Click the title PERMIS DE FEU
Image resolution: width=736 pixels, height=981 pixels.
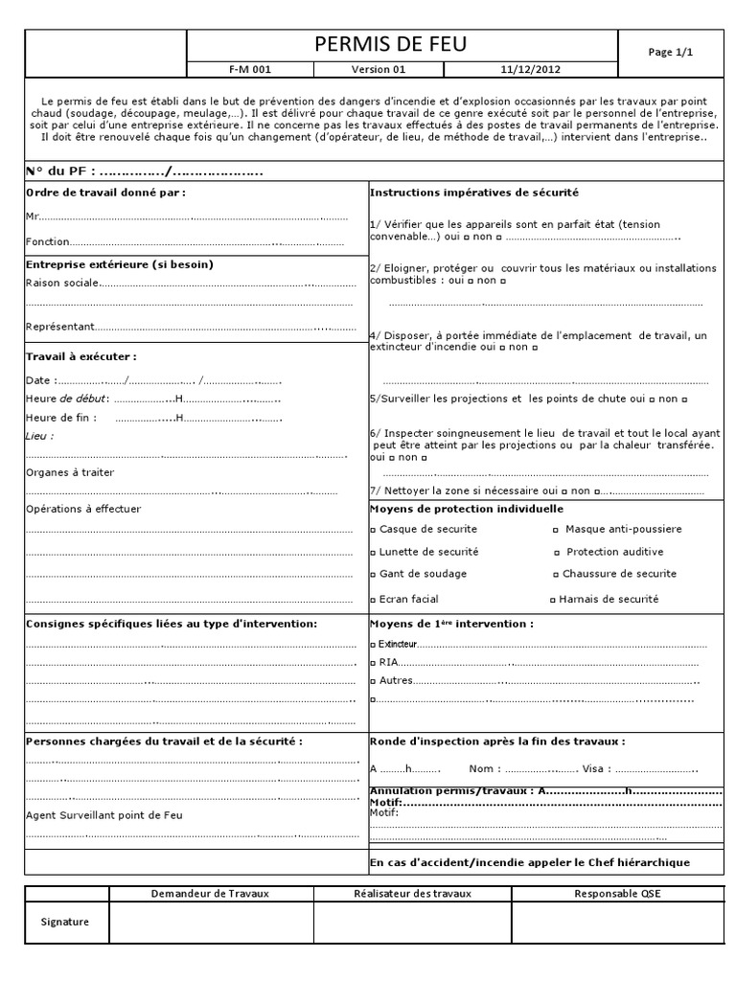click(x=402, y=45)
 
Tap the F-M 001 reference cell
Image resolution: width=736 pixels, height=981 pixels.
click(x=249, y=70)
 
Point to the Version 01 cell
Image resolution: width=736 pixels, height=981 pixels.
click(x=380, y=70)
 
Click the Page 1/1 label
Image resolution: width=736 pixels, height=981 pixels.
click(x=670, y=53)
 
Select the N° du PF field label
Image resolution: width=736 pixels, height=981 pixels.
click(x=59, y=172)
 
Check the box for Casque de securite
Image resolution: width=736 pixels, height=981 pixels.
click(x=374, y=530)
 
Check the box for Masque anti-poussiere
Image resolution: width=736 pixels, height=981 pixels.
click(x=556, y=530)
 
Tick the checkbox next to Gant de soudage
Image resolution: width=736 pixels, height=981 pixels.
click(x=374, y=575)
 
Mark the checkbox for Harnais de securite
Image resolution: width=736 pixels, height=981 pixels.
click(x=552, y=600)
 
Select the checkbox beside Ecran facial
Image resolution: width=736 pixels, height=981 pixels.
click(x=374, y=600)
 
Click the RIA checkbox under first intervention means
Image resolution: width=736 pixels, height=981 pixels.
click(x=374, y=662)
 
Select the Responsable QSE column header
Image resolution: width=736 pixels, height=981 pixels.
click(x=617, y=894)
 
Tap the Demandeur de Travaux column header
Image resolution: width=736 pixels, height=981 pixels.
click(x=211, y=894)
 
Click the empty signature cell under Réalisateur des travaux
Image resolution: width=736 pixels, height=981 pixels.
click(x=412, y=923)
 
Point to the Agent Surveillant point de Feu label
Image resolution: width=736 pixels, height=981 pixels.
click(x=103, y=815)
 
